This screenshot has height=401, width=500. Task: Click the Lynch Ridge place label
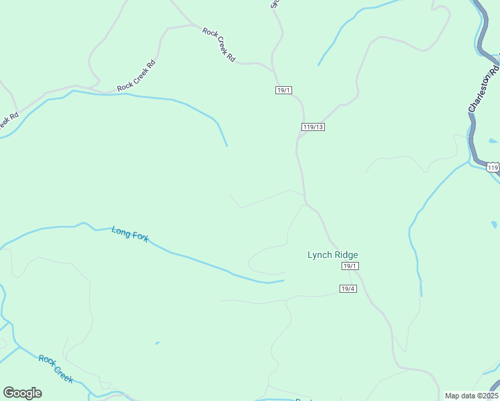[x=332, y=255]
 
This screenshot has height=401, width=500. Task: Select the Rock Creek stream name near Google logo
[x=55, y=368]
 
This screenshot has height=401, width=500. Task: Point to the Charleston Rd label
[x=484, y=88]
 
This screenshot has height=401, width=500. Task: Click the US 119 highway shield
[x=493, y=168]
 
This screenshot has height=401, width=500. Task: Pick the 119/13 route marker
[x=312, y=127]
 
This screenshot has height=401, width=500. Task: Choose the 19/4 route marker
[x=348, y=289]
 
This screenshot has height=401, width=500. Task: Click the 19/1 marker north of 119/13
[x=284, y=90]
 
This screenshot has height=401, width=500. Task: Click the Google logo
[x=22, y=393]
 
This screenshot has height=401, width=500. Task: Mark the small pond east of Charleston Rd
[x=493, y=141]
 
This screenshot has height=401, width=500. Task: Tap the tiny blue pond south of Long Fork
[x=157, y=344]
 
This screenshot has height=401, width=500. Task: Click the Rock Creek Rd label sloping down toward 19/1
[x=219, y=45]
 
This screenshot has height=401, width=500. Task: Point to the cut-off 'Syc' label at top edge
[x=273, y=3]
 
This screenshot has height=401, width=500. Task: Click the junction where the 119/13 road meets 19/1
[x=297, y=138]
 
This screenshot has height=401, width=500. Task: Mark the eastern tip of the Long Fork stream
[x=284, y=280]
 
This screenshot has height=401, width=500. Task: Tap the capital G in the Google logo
[x=9, y=393]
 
